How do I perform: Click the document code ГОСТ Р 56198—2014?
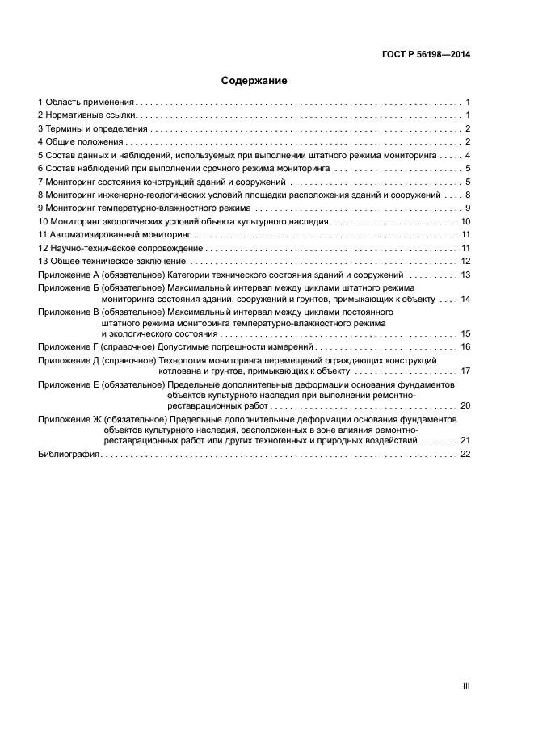(x=426, y=55)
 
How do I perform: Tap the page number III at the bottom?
(x=466, y=686)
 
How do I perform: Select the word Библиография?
(x=69, y=455)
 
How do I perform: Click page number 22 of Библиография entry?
(x=465, y=455)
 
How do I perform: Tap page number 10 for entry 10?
(x=465, y=220)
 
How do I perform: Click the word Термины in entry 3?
(x=64, y=128)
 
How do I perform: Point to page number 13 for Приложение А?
(x=465, y=275)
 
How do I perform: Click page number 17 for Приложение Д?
(x=465, y=371)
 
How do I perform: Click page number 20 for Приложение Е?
(x=465, y=406)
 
